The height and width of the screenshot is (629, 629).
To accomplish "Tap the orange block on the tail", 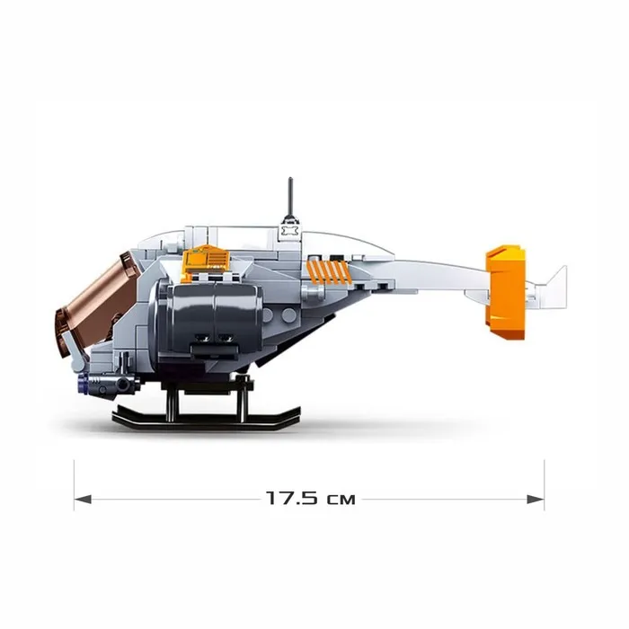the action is [505, 293].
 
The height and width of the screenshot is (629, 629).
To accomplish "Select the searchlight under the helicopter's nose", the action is [108, 384].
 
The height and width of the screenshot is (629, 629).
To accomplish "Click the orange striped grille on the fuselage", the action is [326, 270].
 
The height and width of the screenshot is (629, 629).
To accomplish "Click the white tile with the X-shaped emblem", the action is [290, 232].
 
